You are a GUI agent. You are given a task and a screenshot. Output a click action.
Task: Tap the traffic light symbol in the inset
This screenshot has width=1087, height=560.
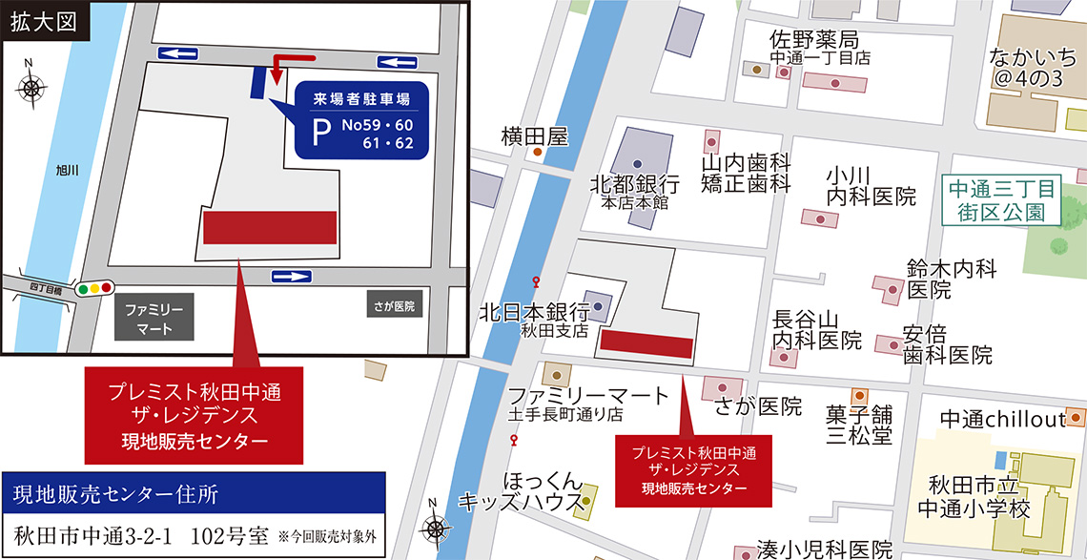click(94, 286)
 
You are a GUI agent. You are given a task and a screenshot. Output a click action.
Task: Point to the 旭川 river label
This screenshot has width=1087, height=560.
click(68, 172)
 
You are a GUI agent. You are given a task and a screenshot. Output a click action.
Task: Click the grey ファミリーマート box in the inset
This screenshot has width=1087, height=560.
click(154, 318)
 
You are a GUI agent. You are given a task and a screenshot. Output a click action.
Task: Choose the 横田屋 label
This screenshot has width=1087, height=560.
click(534, 137)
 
